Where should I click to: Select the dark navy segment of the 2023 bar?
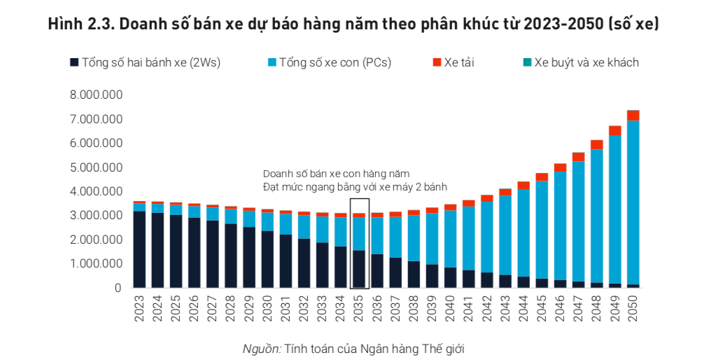pos(140,249)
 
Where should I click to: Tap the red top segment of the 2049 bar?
pos(615,130)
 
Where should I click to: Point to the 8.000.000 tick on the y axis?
pos(96,95)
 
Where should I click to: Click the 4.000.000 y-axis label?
pos(96,191)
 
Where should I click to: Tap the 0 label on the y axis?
pos(118,288)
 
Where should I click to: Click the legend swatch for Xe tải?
pos(437,62)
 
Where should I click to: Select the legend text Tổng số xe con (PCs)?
pos(335,62)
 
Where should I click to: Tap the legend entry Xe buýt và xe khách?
pos(587,62)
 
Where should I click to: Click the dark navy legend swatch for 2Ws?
pos(74,62)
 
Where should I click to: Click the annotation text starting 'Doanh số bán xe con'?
pos(336,173)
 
